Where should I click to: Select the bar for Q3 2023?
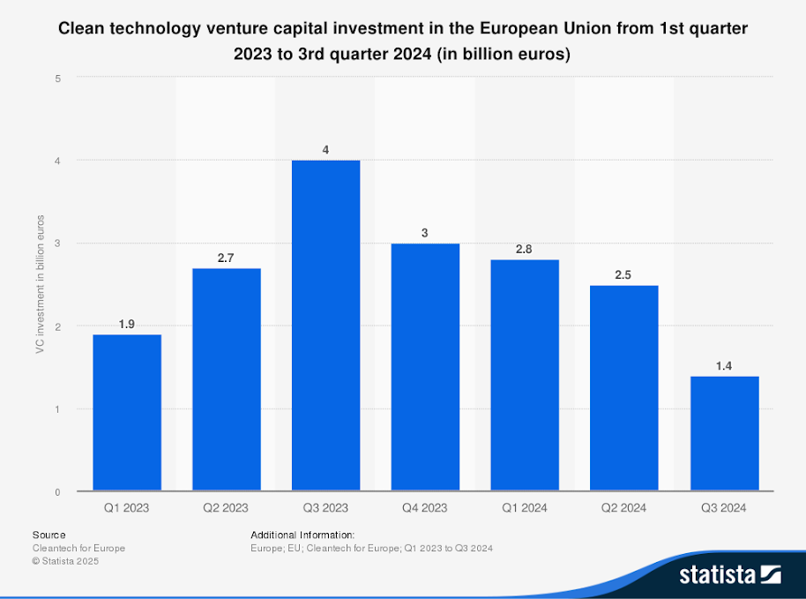pos(325,326)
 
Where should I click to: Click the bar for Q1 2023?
pos(127,413)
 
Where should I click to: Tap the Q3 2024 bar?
pos(724,433)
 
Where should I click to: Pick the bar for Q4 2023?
pos(425,367)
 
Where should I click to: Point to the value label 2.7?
pos(227,257)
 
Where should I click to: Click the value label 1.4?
pos(724,364)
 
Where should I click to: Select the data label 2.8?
pos(525,249)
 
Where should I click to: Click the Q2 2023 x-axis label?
pos(227,508)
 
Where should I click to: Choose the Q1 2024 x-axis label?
pos(525,508)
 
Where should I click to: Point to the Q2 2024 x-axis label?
pos(624,508)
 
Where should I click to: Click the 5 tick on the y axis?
pos(57,78)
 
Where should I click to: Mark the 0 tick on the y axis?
pos(57,491)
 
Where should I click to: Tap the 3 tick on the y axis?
pos(57,243)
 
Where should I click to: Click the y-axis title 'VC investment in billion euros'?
pos(40,284)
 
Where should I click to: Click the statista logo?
pos(729,575)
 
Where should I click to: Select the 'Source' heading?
pos(49,535)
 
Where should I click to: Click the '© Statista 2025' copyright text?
pos(65,561)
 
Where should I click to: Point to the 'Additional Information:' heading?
pos(302,535)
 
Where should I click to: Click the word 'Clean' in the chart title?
pos(80,28)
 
